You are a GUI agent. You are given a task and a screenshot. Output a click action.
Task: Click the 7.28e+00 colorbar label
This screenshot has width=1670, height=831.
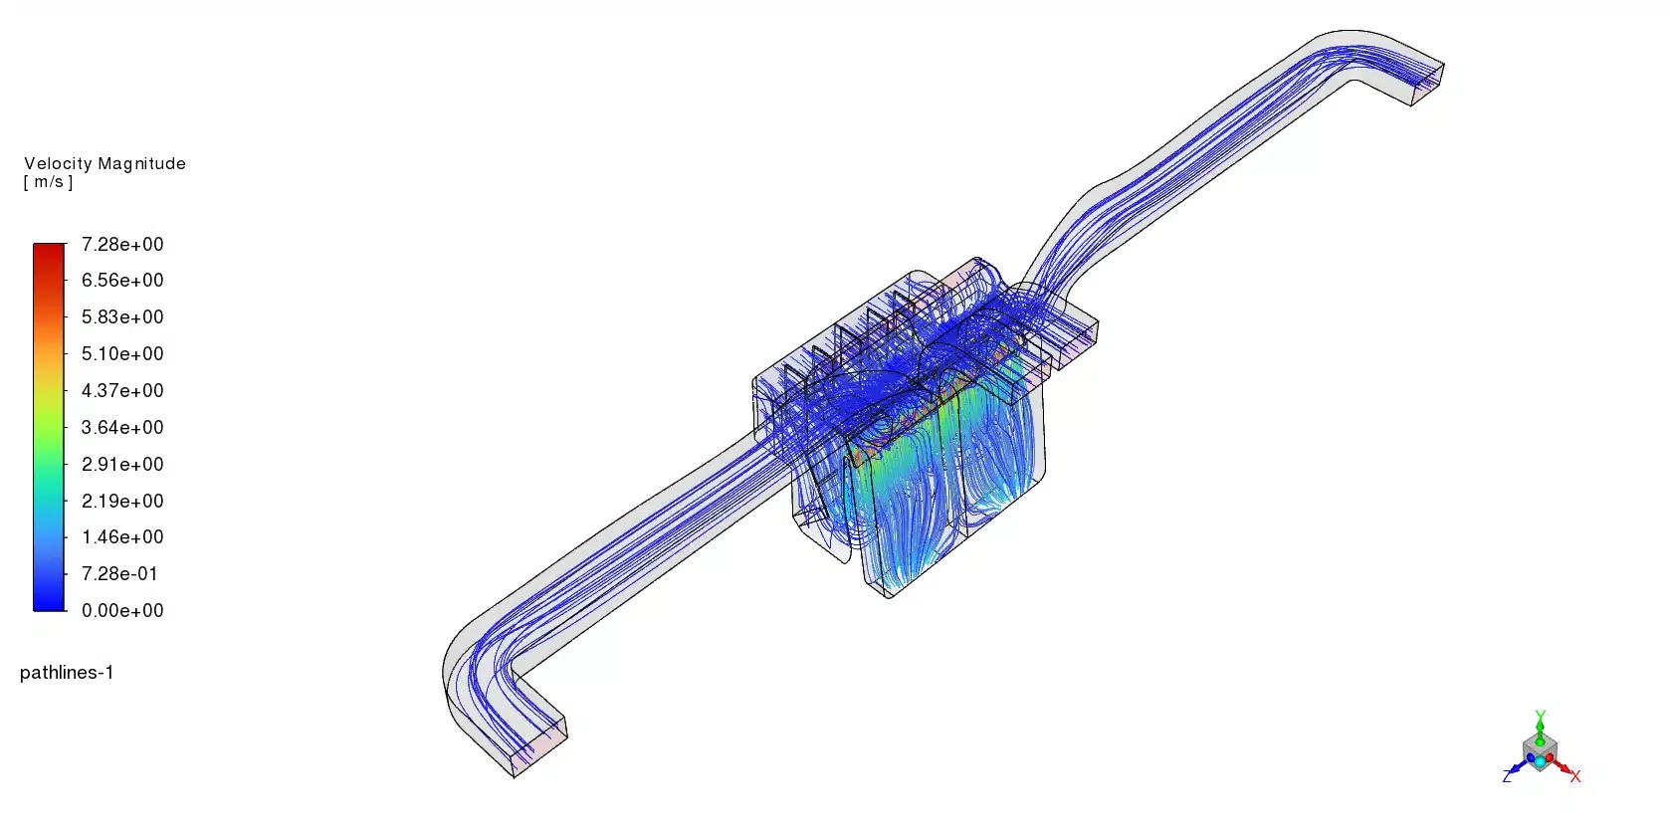pyautogui.click(x=122, y=245)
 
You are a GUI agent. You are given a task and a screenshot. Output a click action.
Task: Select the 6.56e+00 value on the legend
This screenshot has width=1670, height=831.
pyautogui.click(x=122, y=281)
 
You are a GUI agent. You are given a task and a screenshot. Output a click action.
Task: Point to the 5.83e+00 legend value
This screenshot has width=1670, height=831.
pyautogui.click(x=122, y=316)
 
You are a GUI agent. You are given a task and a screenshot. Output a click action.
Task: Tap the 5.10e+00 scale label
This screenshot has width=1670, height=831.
pyautogui.click(x=122, y=353)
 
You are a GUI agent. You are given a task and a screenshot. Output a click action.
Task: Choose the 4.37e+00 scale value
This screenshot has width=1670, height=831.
pyautogui.click(x=122, y=390)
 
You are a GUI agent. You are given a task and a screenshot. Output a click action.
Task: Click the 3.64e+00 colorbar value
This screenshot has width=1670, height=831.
pyautogui.click(x=122, y=427)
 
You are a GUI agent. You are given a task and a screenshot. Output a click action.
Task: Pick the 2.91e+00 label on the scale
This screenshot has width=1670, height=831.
pyautogui.click(x=122, y=464)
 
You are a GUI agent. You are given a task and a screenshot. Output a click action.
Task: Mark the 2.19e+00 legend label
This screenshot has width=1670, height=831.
pyautogui.click(x=122, y=501)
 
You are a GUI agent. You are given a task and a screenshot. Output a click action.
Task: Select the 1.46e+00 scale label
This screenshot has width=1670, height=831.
pyautogui.click(x=122, y=536)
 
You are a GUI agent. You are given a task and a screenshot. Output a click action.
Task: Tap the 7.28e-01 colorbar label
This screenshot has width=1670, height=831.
pyautogui.click(x=119, y=574)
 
